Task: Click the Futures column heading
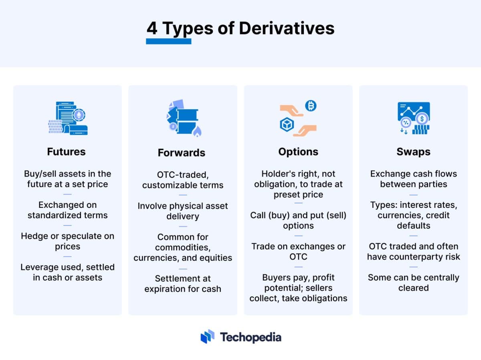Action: point(66,152)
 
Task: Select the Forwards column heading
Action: point(181,153)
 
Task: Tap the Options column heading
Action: point(298,152)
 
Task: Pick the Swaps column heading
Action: point(413,152)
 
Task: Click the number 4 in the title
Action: point(152,28)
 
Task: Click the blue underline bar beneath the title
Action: point(168,41)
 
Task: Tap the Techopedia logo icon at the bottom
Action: point(208,336)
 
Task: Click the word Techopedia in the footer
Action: point(251,337)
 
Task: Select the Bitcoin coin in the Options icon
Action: point(311,106)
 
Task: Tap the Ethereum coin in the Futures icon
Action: point(78,115)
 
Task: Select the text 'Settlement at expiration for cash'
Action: point(183,284)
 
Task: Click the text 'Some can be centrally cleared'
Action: point(413,283)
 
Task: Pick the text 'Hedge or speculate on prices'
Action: point(67,241)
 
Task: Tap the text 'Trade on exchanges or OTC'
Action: point(298,251)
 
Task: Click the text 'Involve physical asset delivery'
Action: point(183,211)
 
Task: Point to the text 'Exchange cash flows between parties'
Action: point(413,179)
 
